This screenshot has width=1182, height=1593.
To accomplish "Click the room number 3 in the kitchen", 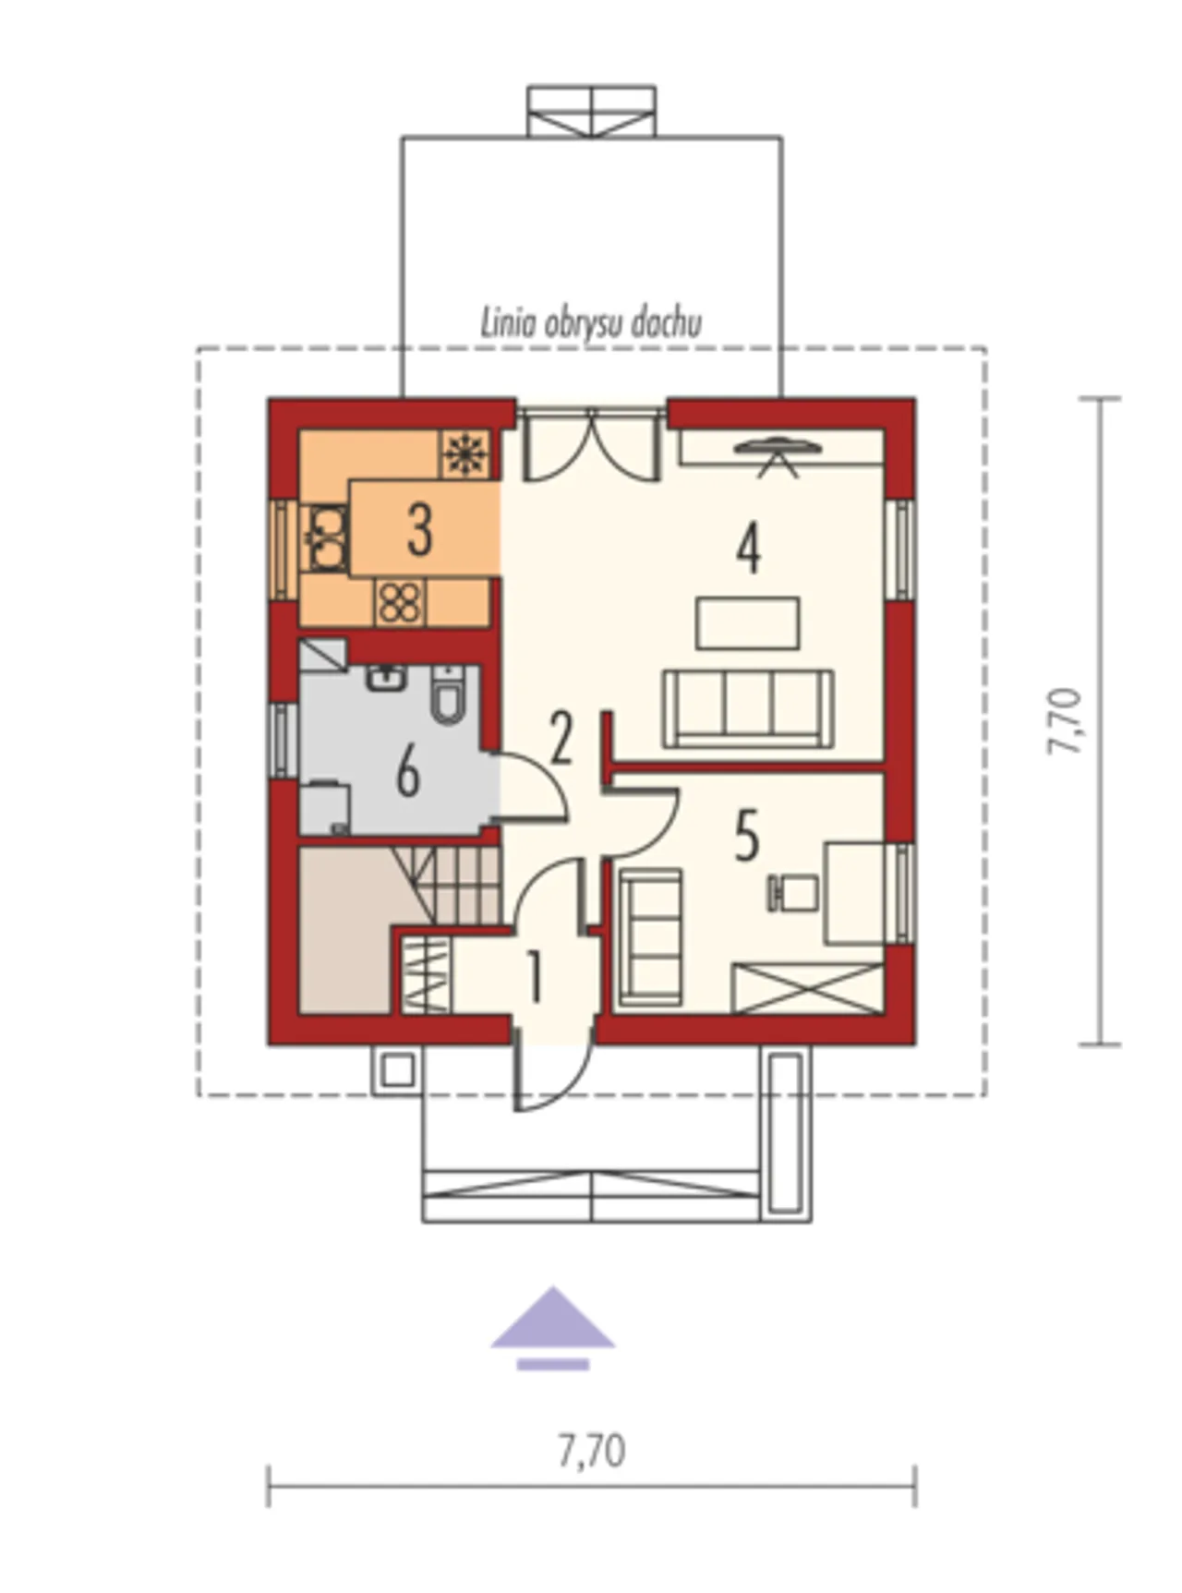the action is pyautogui.click(x=420, y=530).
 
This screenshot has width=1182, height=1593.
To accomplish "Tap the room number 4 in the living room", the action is pyautogui.click(x=749, y=548).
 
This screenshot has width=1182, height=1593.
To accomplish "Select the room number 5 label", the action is pyautogui.click(x=747, y=835).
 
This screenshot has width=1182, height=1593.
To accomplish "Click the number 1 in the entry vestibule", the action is pyautogui.click(x=533, y=978).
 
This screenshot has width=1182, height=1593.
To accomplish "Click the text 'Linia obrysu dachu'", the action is pyautogui.click(x=591, y=323).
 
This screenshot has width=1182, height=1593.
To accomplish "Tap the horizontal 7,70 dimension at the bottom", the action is pyautogui.click(x=592, y=1451).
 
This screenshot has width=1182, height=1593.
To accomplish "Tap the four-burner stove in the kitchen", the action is pyautogui.click(x=399, y=602).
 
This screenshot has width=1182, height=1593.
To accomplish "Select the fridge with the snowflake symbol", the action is pyautogui.click(x=464, y=453).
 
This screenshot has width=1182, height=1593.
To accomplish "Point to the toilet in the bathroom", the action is pyautogui.click(x=450, y=694).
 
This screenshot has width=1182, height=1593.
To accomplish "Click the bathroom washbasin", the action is pyautogui.click(x=387, y=678).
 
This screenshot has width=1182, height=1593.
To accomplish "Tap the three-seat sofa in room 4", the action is pyautogui.click(x=748, y=708).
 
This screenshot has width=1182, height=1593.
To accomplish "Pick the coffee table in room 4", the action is pyautogui.click(x=748, y=623).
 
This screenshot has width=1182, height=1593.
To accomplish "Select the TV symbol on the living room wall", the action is pyautogui.click(x=778, y=456).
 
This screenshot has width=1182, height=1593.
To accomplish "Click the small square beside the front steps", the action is pyautogui.click(x=397, y=1071).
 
